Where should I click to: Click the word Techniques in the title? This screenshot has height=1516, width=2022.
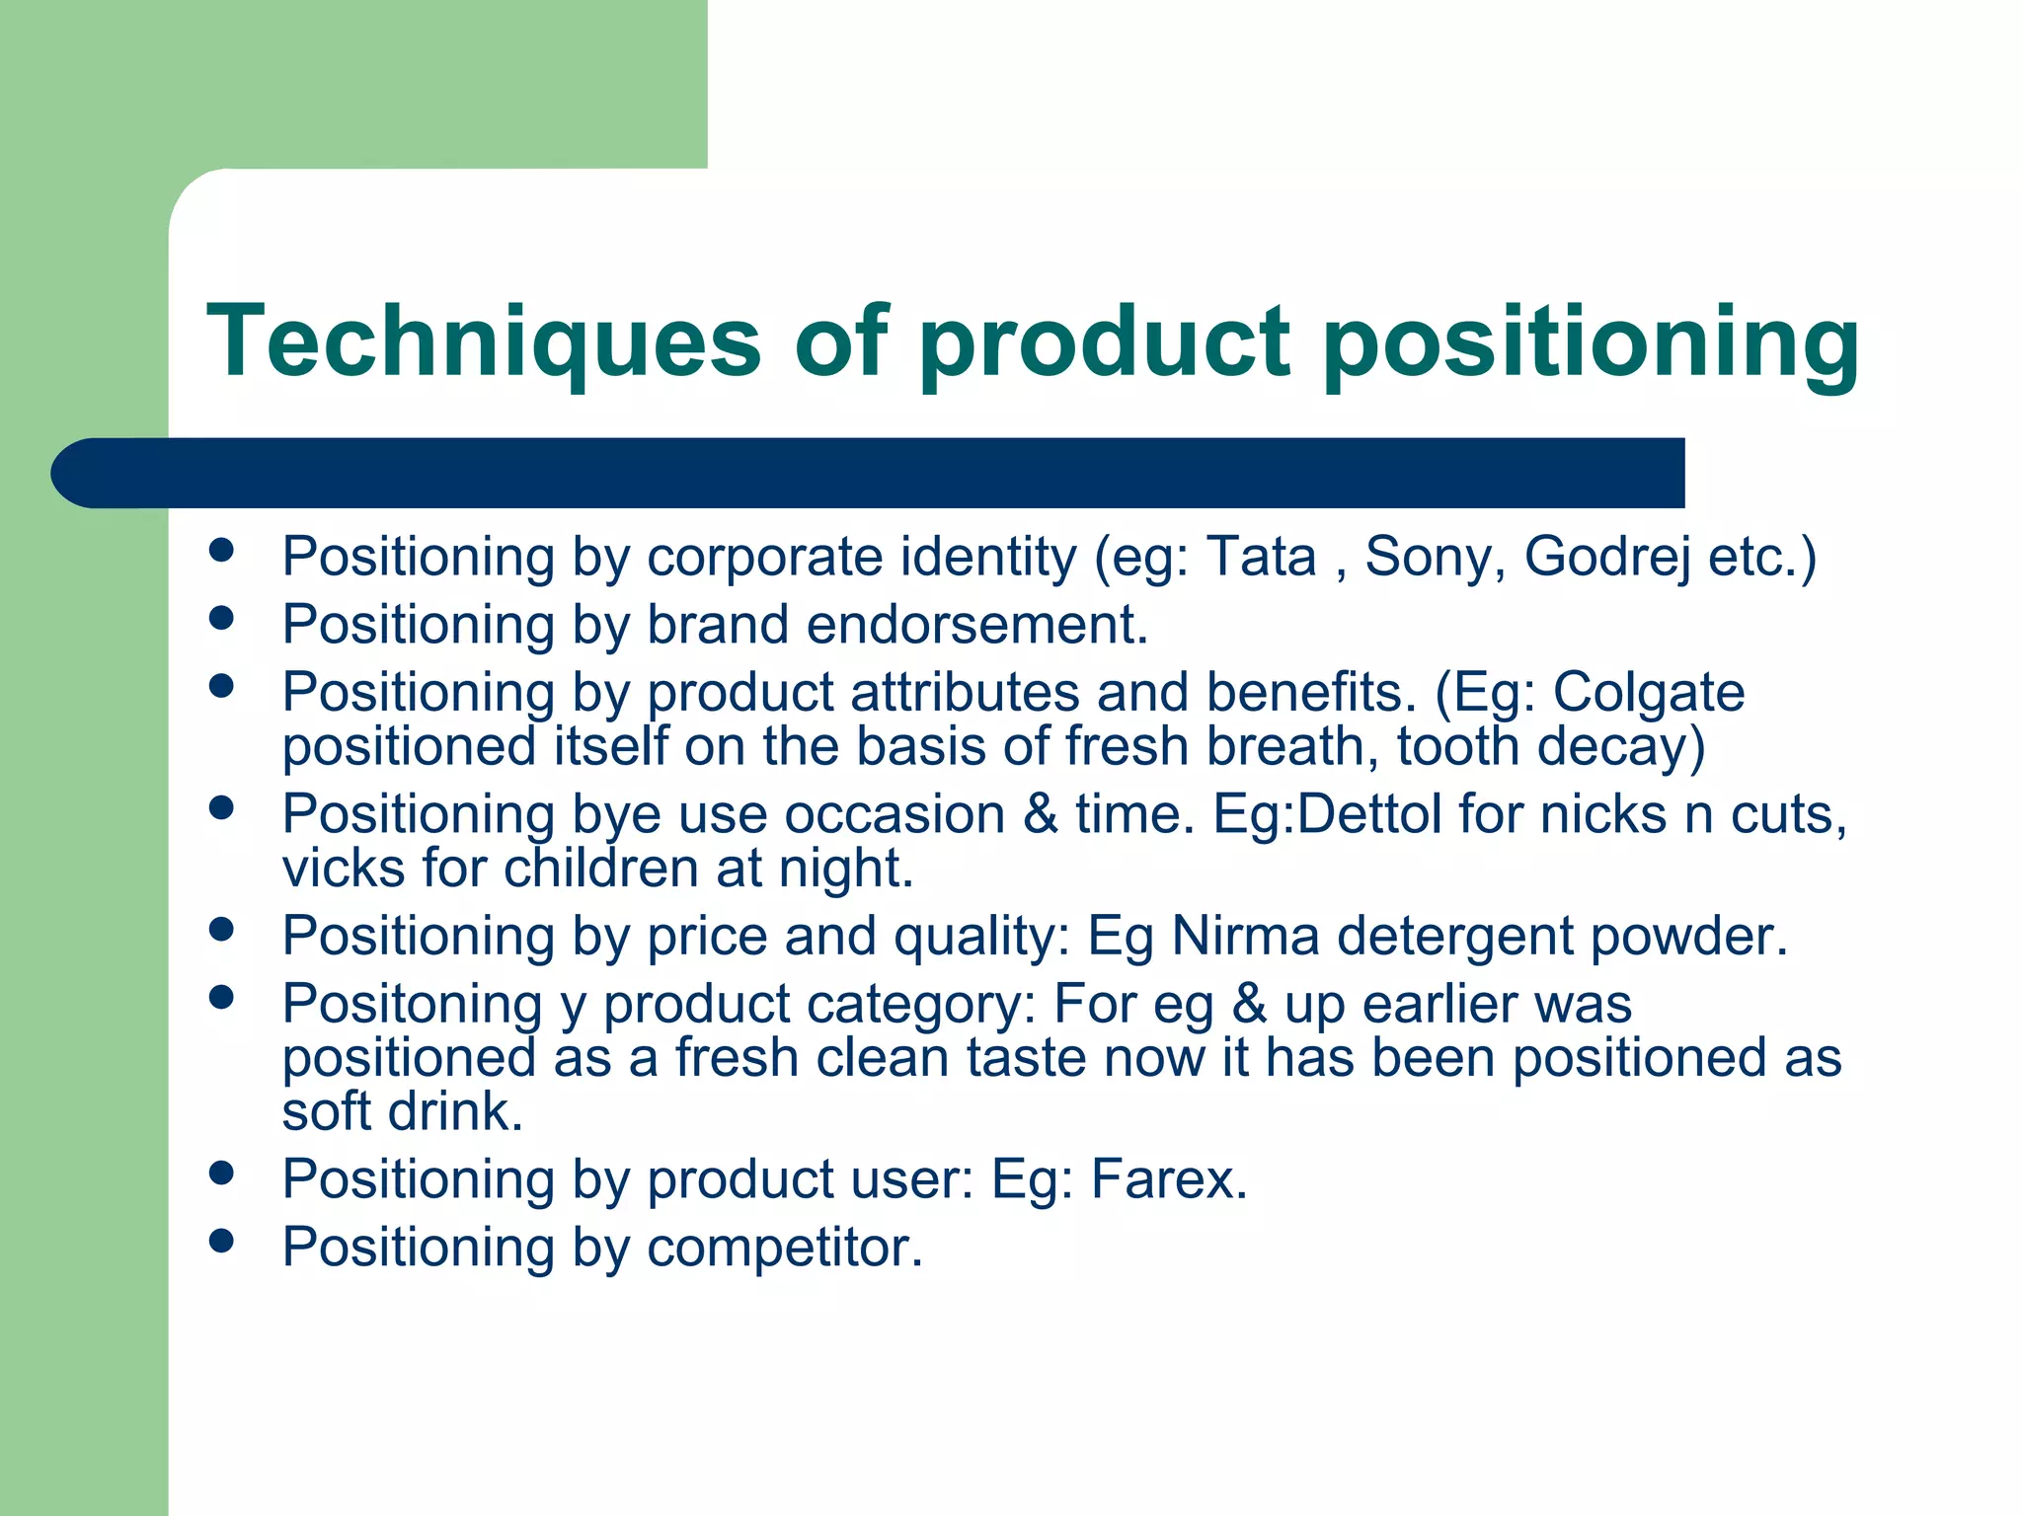[484, 341]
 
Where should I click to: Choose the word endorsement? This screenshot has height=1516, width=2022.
[977, 625]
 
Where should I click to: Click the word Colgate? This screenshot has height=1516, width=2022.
[1649, 693]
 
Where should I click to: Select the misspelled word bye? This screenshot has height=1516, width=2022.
[617, 816]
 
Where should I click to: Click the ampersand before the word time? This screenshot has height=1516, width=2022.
[1041, 815]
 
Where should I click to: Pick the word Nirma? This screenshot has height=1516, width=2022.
[1245, 936]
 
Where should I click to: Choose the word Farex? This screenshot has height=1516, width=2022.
[1169, 1178]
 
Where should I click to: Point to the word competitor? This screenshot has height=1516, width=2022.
[785, 1248]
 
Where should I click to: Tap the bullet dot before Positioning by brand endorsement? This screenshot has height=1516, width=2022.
[221, 618]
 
